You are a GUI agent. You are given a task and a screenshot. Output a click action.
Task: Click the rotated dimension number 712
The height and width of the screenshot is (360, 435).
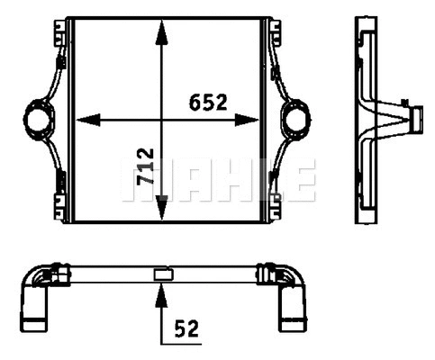pos(144,167)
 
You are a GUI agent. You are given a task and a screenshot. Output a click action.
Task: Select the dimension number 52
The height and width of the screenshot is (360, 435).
pos(186,328)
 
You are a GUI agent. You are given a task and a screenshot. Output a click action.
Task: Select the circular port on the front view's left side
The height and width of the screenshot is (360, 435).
pos(39,118)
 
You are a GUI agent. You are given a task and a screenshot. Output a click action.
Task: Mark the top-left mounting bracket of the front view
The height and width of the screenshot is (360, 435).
pos(61,31)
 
